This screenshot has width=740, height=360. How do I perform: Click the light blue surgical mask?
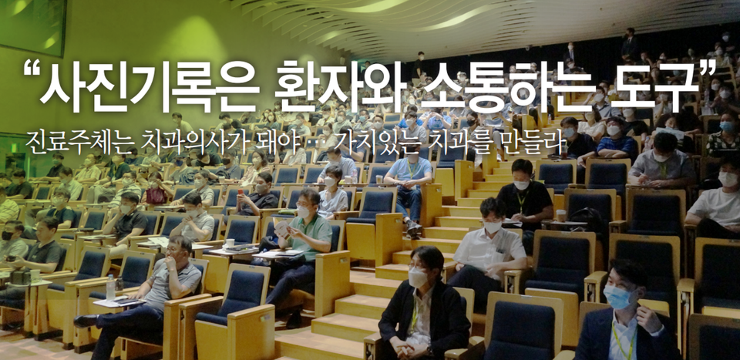(617, 297)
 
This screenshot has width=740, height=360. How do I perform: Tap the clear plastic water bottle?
(110, 288)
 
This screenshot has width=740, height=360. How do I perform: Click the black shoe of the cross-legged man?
(86, 321)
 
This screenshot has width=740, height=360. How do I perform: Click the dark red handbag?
(156, 195)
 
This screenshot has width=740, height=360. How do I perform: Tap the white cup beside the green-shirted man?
(230, 243)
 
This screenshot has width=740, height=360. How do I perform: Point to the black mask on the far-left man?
(7, 235)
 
